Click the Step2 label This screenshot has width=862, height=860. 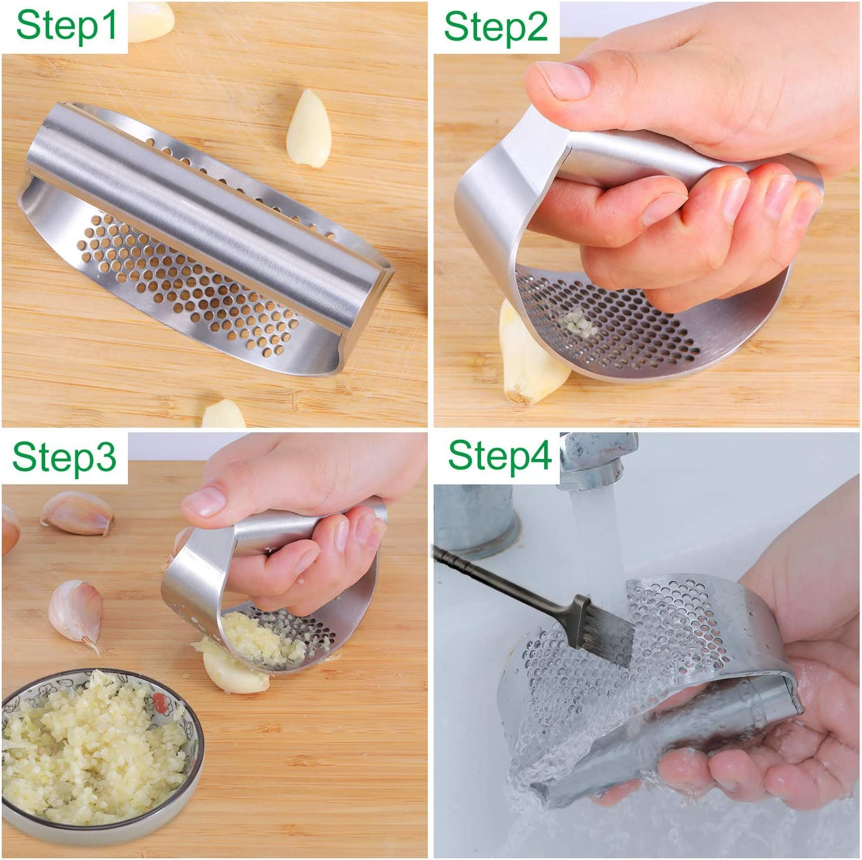[496, 27]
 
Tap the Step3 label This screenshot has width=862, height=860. [64, 457]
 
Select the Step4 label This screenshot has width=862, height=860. [499, 455]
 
